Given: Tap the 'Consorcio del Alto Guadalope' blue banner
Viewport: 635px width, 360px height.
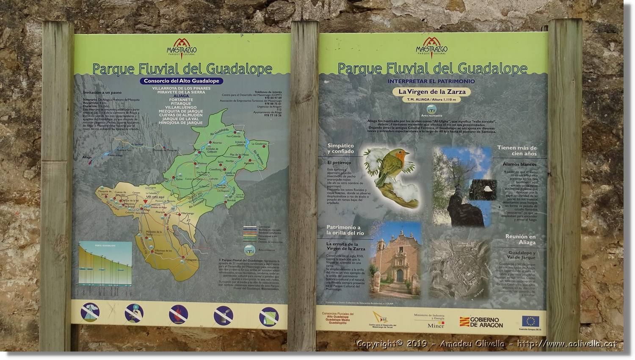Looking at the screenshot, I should point(181,81).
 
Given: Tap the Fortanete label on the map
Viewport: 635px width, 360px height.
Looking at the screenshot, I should point(191,260).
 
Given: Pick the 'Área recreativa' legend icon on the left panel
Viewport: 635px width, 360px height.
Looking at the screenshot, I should point(248,249).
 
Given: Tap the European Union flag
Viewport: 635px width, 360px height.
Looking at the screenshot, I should point(530,321).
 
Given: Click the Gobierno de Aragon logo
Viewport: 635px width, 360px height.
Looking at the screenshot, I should point(481,322).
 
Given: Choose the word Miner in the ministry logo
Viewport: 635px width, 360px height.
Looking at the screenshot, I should point(436,325).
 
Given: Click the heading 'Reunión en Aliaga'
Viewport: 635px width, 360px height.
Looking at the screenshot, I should point(520,240).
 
